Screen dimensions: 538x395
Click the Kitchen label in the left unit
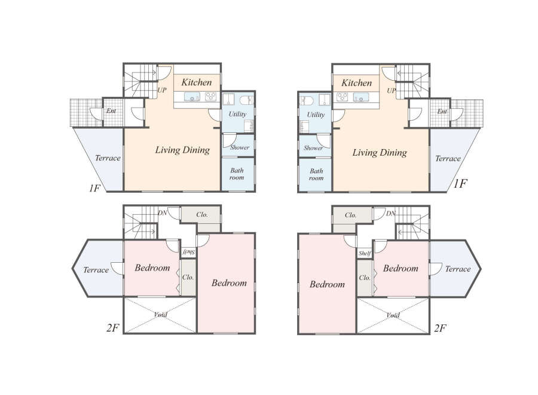pyautogui.click(x=196, y=83)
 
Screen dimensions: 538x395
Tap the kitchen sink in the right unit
pyautogui.click(x=361, y=97)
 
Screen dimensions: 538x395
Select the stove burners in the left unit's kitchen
pyautogui.click(x=210, y=96)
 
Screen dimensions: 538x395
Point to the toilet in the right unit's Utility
pyautogui.click(x=307, y=101)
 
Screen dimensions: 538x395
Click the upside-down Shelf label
pyautogui.click(x=188, y=253)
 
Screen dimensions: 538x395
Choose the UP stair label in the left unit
pyautogui.click(x=162, y=90)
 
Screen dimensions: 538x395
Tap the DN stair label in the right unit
pyautogui.click(x=391, y=214)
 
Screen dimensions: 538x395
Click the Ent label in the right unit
pyautogui.click(x=442, y=112)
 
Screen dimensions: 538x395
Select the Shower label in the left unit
pyautogui.click(x=240, y=147)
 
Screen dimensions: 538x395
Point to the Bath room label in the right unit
pyautogui.click(x=316, y=175)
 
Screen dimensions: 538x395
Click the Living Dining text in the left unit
pyautogui.click(x=182, y=150)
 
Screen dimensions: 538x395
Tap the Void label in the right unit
pyautogui.click(x=393, y=315)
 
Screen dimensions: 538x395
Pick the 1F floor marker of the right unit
pyautogui.click(x=460, y=184)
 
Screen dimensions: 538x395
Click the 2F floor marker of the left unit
pyautogui.click(x=112, y=328)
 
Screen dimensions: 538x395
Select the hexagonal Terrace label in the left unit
pyautogui.click(x=96, y=270)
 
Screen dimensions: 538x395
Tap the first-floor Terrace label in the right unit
pyautogui.click(x=448, y=159)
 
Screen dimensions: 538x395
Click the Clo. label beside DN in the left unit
pyautogui.click(x=202, y=215)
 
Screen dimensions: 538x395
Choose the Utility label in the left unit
pyautogui.click(x=237, y=114)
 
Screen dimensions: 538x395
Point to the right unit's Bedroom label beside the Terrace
pyautogui.click(x=401, y=268)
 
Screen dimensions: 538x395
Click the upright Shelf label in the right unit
pyautogui.click(x=365, y=254)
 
